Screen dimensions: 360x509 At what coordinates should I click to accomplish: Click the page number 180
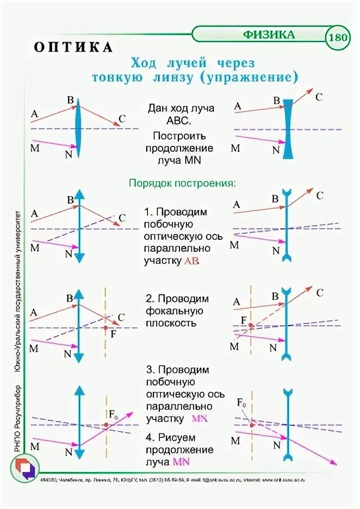pos(338,38)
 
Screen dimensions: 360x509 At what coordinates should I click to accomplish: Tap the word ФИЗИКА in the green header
pos(269,35)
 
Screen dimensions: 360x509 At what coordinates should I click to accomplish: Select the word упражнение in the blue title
pos(250,77)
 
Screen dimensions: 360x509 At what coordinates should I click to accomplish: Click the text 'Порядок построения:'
pos(182,183)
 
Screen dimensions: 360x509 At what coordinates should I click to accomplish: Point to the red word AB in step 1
pos(192,261)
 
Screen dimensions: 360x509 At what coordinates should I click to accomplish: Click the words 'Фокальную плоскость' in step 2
pos(174,317)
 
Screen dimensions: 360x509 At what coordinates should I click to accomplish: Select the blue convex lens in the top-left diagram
pos(79,126)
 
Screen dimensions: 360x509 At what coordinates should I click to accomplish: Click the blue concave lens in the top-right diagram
pos(287,126)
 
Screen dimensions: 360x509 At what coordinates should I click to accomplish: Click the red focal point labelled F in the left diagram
pos(105,327)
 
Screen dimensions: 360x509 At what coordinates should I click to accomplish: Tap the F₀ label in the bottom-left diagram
pos(114,415)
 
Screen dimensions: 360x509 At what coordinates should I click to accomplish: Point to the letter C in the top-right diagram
pos(319,97)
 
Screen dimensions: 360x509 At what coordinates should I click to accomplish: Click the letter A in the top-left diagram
pos(34,114)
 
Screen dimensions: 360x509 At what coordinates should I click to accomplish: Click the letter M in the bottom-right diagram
pos(235,440)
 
